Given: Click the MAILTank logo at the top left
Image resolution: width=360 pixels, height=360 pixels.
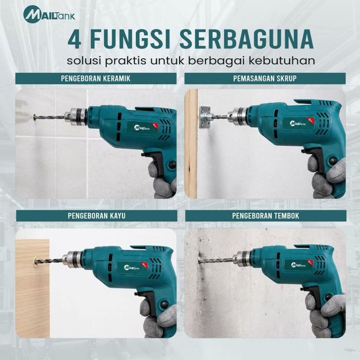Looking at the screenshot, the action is tap(49, 14).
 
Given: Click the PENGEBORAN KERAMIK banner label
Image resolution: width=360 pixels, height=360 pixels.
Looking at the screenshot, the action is tap(96, 78).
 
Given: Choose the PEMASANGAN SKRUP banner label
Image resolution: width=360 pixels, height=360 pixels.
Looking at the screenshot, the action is tap(265, 78).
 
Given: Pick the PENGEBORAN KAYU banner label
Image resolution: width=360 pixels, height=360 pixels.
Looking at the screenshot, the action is tap(97, 216).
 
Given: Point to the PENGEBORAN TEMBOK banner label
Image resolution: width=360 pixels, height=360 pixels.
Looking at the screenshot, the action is tap(266, 216).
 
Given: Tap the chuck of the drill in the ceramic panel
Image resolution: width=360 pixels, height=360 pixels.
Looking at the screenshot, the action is tap(75, 117).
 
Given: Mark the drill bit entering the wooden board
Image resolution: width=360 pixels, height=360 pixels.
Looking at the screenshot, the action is tap(49, 261).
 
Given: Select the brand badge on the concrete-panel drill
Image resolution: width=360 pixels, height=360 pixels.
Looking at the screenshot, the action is tap(299, 265).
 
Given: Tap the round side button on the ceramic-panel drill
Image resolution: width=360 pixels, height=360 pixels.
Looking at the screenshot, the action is tap(172, 165).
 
